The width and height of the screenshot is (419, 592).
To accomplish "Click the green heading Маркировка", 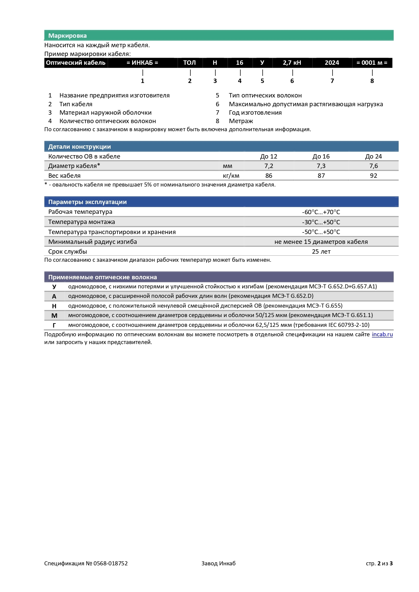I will point(67,36).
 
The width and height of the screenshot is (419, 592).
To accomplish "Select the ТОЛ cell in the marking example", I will point(189,63).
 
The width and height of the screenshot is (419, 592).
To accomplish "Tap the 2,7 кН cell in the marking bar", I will point(292,63).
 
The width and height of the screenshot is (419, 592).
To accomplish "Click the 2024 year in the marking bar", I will point(332,63).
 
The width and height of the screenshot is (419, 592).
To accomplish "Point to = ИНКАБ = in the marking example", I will point(142,63).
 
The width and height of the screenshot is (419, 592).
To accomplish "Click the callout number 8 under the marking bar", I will point(372,81).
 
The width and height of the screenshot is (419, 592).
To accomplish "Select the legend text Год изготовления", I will point(255,113).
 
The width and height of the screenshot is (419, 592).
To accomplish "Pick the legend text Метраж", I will point(241,121).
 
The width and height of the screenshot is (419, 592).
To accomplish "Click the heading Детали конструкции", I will point(79,147).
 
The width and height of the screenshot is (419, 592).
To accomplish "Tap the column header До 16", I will point(321,157).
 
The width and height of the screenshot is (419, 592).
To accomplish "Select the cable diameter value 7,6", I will point(373,166).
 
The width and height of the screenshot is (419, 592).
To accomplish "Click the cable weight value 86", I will point(269,176).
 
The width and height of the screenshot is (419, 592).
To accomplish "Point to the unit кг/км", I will point(231,176).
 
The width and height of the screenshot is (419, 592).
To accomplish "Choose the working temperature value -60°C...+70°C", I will point(321,212).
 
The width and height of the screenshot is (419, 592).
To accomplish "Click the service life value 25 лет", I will point(321,252).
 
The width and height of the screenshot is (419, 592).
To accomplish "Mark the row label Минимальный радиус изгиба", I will point(93,242).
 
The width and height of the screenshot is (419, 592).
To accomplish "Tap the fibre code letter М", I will point(54,316).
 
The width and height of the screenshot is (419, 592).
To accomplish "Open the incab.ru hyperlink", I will point(382,335).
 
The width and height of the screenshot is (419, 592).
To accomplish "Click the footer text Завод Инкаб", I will point(218,563).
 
